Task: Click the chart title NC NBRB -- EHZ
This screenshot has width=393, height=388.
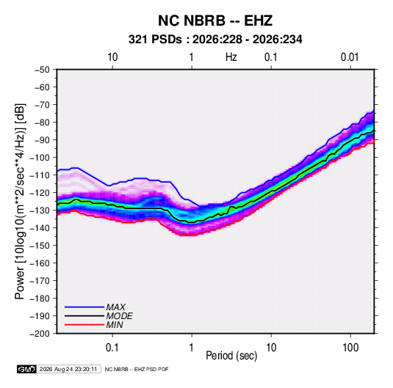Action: click(215, 21)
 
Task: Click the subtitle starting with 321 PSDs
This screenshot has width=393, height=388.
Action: click(215, 40)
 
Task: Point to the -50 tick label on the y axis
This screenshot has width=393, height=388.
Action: click(42, 70)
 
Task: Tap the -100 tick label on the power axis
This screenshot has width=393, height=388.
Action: click(40, 158)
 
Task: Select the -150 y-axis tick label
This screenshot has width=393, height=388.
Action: click(40, 246)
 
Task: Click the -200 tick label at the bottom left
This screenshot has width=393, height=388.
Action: click(40, 334)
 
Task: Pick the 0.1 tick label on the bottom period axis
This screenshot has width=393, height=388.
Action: click(112, 348)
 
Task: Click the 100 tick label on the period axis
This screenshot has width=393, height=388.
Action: click(350, 348)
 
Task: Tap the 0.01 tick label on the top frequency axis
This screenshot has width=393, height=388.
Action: click(350, 57)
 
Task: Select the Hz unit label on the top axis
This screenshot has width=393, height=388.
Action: click(231, 57)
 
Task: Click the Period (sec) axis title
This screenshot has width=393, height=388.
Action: click(231, 356)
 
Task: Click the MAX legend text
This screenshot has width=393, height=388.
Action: click(116, 307)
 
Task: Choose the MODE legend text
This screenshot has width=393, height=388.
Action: click(119, 316)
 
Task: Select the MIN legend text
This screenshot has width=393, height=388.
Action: click(115, 325)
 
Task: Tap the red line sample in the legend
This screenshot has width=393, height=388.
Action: click(84, 325)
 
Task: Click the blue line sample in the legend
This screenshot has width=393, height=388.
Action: click(84, 307)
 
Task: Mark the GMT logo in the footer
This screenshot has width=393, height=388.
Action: click(27, 369)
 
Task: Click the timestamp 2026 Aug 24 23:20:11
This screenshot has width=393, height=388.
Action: click(68, 369)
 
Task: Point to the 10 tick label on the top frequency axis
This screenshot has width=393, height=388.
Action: click(112, 57)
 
